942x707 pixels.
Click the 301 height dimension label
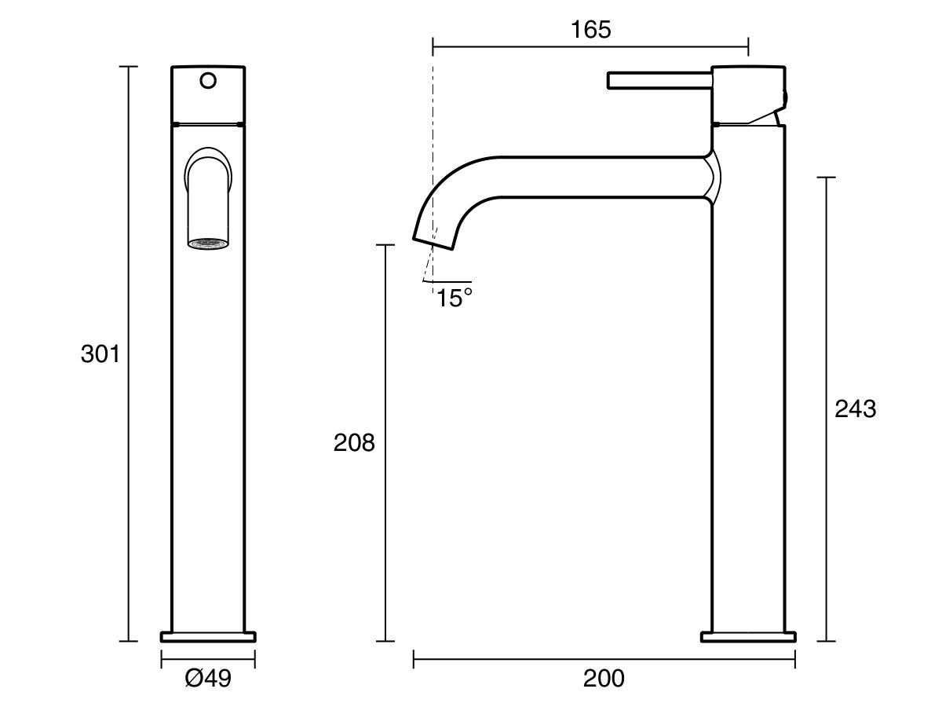pyautogui.click(x=100, y=354)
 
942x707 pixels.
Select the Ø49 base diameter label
pyautogui.click(x=208, y=678)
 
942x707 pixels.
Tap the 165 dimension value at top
pyautogui.click(x=590, y=30)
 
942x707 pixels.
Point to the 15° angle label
pyautogui.click(x=455, y=299)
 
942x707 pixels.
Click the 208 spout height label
pyautogui.click(x=354, y=443)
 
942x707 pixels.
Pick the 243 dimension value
pyautogui.click(x=855, y=408)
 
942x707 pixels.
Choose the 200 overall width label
pyautogui.click(x=604, y=678)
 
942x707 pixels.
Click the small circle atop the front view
pyautogui.click(x=208, y=80)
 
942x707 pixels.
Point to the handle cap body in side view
pyautogui.click(x=747, y=93)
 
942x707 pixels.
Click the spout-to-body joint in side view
pyautogui.click(x=711, y=178)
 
